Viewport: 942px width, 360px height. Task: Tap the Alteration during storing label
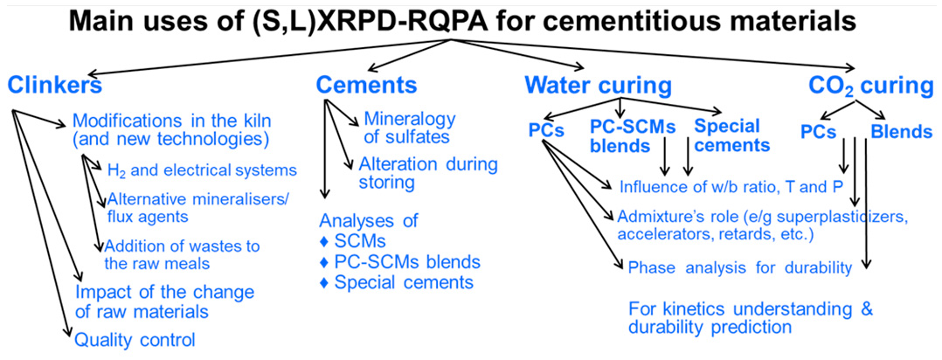point(427,173)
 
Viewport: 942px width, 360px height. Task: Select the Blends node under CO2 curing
point(901,133)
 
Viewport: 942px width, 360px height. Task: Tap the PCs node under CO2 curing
point(821,133)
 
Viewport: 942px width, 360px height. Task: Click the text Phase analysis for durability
point(739,267)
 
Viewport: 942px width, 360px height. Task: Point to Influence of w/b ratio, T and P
point(734,186)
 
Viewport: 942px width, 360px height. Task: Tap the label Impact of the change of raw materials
point(164,301)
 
